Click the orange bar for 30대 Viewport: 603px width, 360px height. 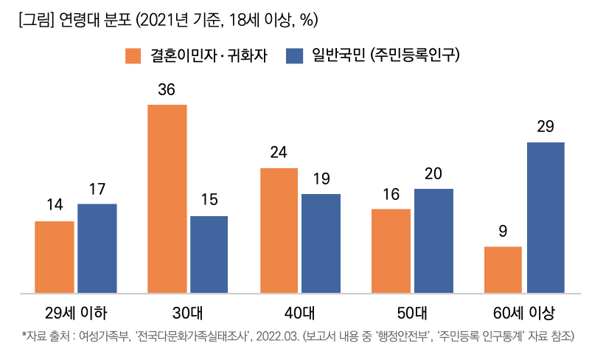[167, 199]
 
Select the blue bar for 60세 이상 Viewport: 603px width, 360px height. [546, 218]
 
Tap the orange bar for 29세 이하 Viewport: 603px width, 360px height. [55, 257]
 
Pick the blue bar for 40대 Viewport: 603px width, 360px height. [321, 243]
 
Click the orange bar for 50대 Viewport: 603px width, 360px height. [391, 251]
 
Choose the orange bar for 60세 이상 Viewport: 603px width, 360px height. [503, 270]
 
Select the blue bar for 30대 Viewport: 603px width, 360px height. [209, 255]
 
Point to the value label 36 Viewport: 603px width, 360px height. [167, 90]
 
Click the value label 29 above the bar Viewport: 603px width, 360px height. [546, 127]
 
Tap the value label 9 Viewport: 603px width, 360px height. [503, 232]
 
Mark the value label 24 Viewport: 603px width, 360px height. [279, 153]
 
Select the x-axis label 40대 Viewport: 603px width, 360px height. [299, 310]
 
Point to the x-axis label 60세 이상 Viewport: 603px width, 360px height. [524, 310]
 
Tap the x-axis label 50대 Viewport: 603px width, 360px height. [411, 310]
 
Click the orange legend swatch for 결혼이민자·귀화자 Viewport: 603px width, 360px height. [133, 55]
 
